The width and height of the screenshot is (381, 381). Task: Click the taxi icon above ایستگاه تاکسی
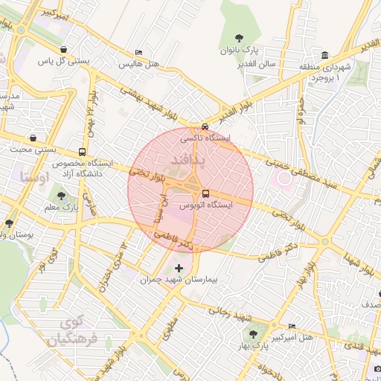[205, 127]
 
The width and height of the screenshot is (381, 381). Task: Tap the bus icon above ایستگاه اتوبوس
[206, 193]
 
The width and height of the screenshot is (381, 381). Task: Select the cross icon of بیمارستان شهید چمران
[179, 268]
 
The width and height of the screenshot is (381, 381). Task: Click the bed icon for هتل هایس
[139, 52]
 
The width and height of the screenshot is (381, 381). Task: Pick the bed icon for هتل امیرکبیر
[292, 326]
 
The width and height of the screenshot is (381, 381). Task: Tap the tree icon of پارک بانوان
[239, 37]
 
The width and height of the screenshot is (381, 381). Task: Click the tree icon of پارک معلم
[61, 195]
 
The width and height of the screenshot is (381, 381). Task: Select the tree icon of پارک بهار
[254, 334]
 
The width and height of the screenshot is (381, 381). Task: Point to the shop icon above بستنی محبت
[34, 138]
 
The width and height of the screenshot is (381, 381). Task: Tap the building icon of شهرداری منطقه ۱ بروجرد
[325, 56]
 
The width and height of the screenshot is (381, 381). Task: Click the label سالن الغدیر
[257, 64]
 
